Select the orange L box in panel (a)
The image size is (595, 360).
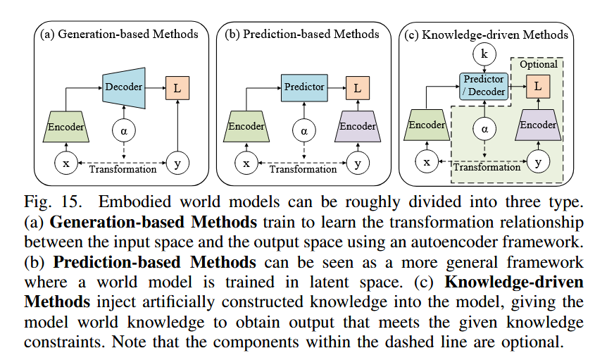coord(177,88)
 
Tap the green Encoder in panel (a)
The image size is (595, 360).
coord(66,128)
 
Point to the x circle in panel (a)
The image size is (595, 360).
coord(66,163)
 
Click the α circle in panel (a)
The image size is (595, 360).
coord(124,130)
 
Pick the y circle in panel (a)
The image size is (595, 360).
coord(177,163)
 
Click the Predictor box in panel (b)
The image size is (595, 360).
coord(304,87)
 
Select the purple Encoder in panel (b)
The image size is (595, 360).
coord(358,127)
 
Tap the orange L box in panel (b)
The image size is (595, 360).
coord(358,88)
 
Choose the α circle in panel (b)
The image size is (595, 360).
coord(304,130)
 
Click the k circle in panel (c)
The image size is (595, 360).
coord(484,53)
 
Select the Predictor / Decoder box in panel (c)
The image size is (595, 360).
coord(484,86)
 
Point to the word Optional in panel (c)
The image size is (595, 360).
coord(538,64)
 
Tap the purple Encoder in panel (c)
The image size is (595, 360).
coord(538,125)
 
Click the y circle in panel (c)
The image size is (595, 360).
coord(538,162)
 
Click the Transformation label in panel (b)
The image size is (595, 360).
coord(303,169)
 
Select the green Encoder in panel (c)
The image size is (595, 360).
coord(427,125)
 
